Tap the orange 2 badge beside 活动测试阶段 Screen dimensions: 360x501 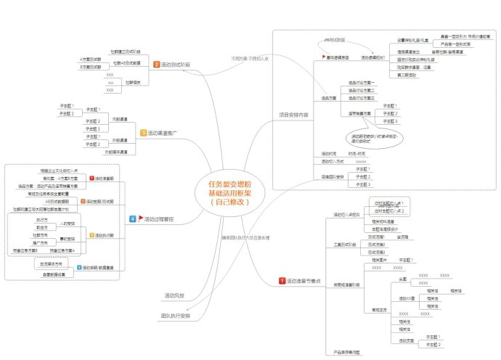click(156, 65)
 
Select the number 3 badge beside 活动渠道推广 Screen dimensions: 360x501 click(143, 133)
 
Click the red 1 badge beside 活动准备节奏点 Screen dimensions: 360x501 click(282, 281)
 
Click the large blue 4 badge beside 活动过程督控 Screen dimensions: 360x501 click(132, 218)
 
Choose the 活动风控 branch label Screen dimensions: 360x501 click(174, 295)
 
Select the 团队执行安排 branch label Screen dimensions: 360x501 click(176, 316)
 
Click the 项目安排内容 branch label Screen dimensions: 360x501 click(293, 115)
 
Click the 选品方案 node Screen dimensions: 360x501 click(330, 97)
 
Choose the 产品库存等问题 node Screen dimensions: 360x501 click(347, 351)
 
